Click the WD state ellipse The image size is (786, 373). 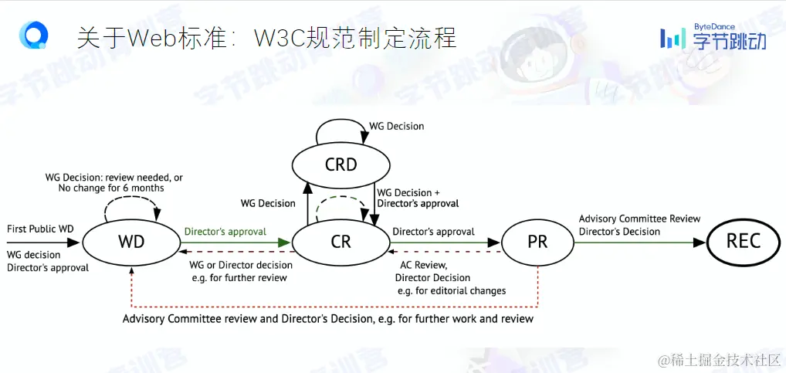[x=131, y=242]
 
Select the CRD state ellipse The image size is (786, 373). [x=340, y=164]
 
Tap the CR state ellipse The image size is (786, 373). [x=340, y=242]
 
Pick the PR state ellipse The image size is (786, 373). [x=537, y=242]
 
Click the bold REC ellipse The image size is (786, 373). [x=744, y=242]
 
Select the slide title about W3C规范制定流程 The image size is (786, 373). [x=266, y=37]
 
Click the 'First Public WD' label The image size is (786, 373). [x=40, y=229]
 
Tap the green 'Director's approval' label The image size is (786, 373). [x=225, y=231]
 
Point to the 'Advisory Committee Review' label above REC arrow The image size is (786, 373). [x=639, y=219]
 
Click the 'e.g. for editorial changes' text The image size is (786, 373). [x=452, y=291]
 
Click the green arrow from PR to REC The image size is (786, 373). [x=641, y=242]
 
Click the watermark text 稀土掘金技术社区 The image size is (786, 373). [x=717, y=361]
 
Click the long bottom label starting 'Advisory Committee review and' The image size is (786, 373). [x=328, y=318]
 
